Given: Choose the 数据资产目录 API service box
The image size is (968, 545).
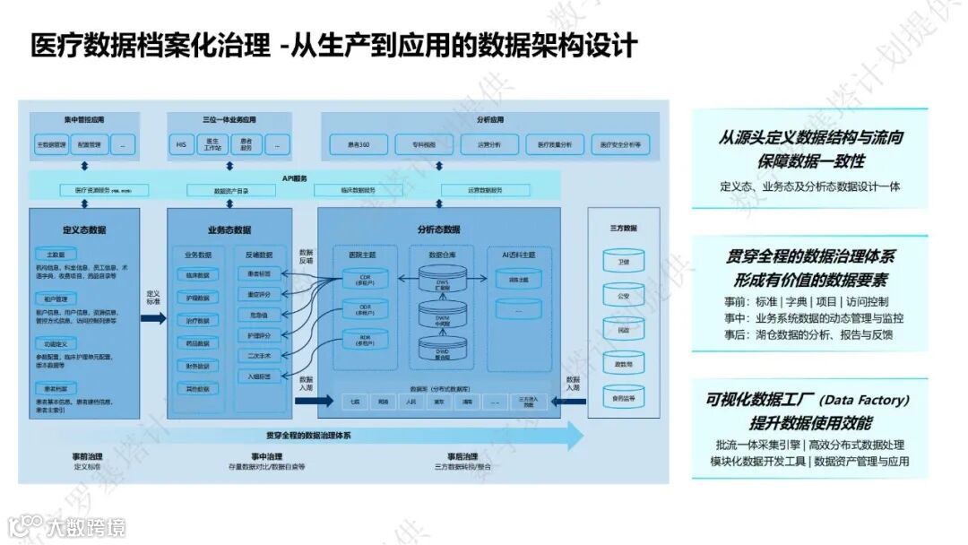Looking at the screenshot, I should coord(231,190).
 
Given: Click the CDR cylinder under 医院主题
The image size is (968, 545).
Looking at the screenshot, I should coord(365,278).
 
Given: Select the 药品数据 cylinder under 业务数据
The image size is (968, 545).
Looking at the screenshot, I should coord(197,343).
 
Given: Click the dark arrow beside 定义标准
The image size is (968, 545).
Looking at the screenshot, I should coord(153,315).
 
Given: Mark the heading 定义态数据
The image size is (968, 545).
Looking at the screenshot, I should coord(84,229).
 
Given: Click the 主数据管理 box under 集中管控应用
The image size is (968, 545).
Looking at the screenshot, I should coord(51,144).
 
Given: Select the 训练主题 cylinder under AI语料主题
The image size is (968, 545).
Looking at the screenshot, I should coord(518,281).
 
